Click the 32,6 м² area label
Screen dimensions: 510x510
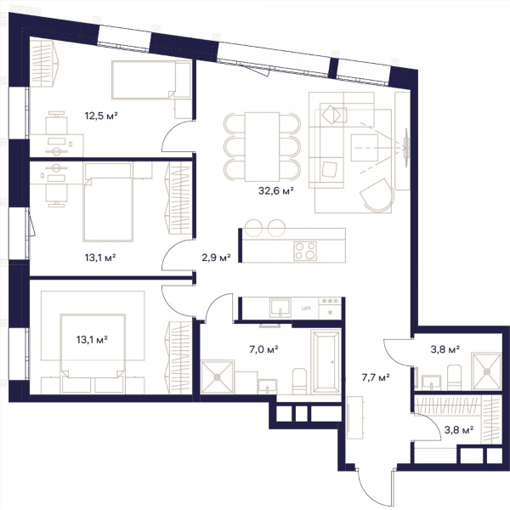click(275, 190)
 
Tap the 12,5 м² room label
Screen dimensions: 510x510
click(101, 116)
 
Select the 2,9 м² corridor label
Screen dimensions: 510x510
click(216, 258)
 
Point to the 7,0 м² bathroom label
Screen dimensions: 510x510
click(263, 349)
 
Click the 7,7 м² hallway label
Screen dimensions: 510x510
click(376, 377)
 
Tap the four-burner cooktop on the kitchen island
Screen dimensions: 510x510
click(305, 251)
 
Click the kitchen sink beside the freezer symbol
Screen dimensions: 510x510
click(280, 308)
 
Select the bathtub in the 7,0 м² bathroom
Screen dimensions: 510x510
click(326, 362)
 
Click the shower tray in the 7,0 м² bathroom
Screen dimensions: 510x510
click(218, 377)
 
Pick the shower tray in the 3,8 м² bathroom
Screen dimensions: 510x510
click(486, 371)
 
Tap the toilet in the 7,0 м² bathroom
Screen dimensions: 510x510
click(299, 381)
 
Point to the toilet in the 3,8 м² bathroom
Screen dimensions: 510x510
click(455, 377)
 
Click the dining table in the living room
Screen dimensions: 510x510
click(262, 147)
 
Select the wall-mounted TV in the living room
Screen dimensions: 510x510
click(406, 147)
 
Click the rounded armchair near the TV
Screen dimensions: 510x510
click(377, 195)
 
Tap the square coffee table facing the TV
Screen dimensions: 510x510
click(365, 148)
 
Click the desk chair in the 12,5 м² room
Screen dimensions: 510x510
click(57, 122)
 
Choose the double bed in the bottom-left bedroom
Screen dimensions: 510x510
click(93, 354)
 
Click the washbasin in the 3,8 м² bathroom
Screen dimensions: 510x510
click(431, 382)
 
